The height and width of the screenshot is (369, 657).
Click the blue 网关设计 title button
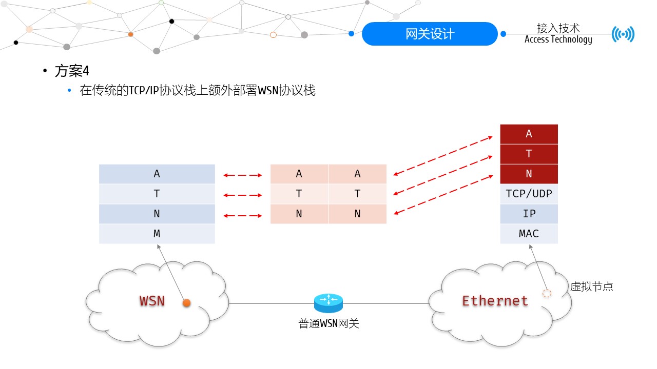pyautogui.click(x=430, y=34)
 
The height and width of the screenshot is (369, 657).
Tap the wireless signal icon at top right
pyautogui.click(x=623, y=34)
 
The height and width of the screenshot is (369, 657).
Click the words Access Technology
pyautogui.click(x=558, y=39)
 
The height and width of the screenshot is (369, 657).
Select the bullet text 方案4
pyautogui.click(x=72, y=71)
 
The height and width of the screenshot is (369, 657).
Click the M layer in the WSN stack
pyautogui.click(x=157, y=234)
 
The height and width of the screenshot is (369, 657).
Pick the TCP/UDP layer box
pyautogui.click(x=529, y=194)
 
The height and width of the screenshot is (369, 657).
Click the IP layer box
pyautogui.click(x=529, y=214)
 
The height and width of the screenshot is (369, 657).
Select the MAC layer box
pyautogui.click(x=529, y=234)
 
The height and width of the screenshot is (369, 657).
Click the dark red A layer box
pyautogui.click(x=529, y=134)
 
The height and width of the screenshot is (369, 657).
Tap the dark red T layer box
pyautogui.click(x=529, y=154)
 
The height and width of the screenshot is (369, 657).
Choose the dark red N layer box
pyautogui.click(x=529, y=174)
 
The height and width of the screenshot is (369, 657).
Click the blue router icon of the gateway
pyautogui.click(x=328, y=303)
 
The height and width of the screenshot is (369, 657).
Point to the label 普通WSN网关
pyautogui.click(x=328, y=324)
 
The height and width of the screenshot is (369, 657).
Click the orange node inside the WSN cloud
pyautogui.click(x=186, y=303)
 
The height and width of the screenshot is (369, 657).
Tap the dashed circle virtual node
pyautogui.click(x=547, y=294)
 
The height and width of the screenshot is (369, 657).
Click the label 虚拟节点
pyautogui.click(x=591, y=286)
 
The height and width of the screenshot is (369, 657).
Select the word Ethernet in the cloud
pyautogui.click(x=495, y=301)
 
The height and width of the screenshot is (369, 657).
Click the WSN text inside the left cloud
pyautogui.click(x=152, y=301)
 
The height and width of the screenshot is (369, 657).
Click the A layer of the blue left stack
pyautogui.click(x=157, y=174)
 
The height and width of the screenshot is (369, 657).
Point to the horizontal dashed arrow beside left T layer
pyautogui.click(x=243, y=195)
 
